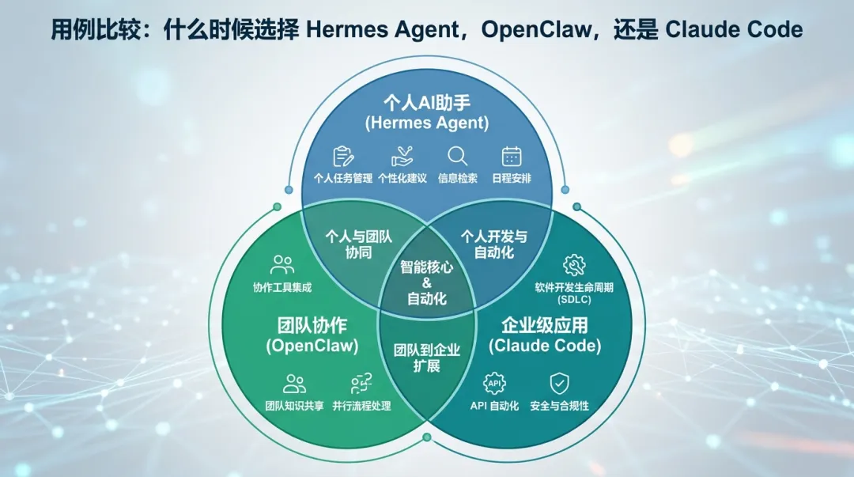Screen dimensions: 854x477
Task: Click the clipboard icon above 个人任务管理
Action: [344, 157]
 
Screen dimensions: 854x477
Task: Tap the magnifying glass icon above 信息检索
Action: [457, 157]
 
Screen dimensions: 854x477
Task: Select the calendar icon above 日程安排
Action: [512, 157]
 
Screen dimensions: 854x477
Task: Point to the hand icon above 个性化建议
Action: [402, 157]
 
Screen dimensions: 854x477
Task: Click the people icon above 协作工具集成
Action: [282, 265]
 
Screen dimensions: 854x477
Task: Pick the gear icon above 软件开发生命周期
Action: [574, 266]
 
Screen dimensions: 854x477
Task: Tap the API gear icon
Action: [494, 383]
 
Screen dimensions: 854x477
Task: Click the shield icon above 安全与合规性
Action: [559, 383]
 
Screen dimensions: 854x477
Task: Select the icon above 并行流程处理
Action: [361, 383]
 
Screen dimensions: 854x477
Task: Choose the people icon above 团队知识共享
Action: [295, 384]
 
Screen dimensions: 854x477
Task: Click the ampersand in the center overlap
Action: [426, 283]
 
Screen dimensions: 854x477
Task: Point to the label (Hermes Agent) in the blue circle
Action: [427, 123]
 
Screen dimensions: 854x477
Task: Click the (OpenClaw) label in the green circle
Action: [312, 346]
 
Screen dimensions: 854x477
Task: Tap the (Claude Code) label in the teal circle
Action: [545, 346]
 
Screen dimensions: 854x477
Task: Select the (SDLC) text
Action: [574, 300]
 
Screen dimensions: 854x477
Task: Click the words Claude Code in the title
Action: [734, 29]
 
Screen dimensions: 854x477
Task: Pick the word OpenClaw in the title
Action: [536, 30]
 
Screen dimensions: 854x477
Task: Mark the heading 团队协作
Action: [312, 325]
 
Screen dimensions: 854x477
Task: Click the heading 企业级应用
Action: [545, 325]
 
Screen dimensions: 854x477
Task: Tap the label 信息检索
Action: [458, 178]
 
